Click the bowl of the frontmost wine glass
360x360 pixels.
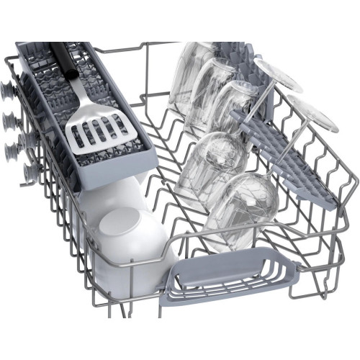tap(246, 201)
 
